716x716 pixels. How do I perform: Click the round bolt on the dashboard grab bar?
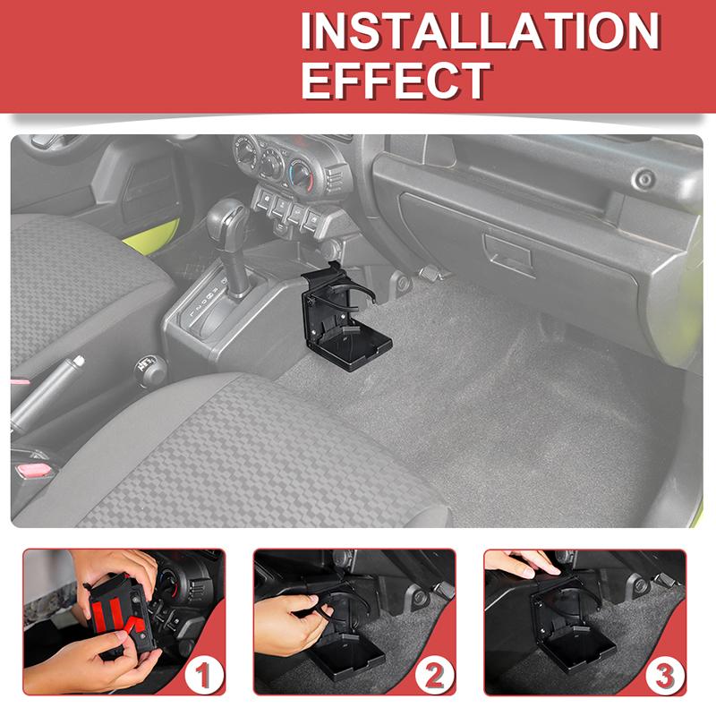(642, 181)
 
